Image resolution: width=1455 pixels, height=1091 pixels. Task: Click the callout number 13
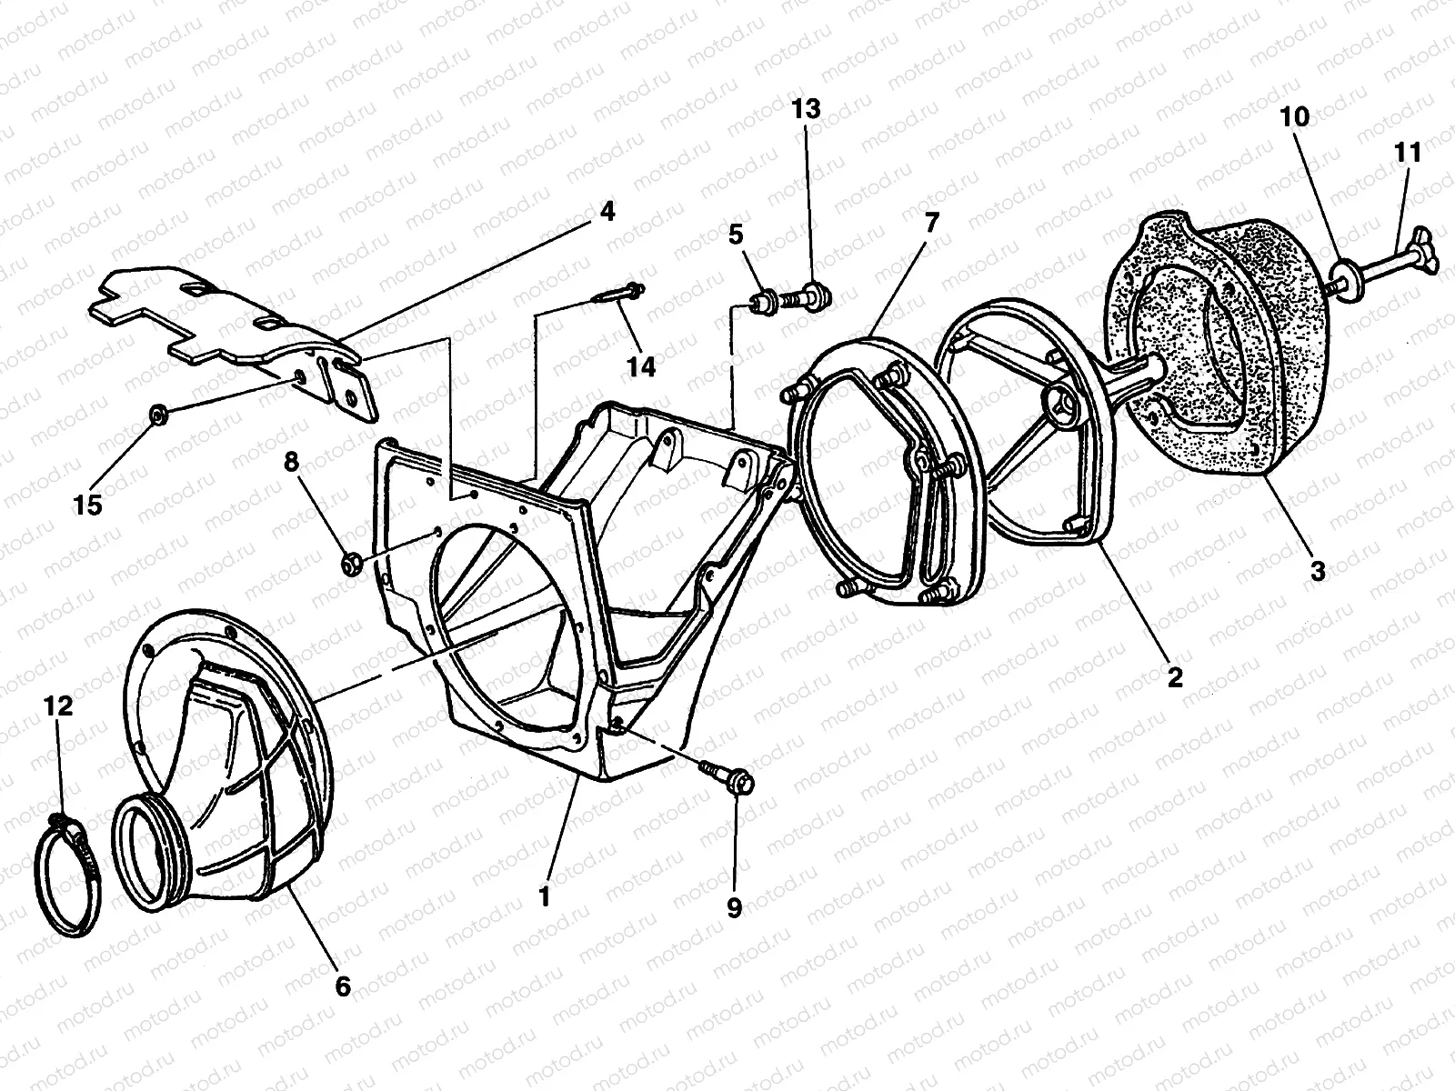click(x=806, y=108)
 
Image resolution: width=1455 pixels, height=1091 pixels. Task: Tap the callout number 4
click(x=607, y=211)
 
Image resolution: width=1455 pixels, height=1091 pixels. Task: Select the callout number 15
click(x=88, y=505)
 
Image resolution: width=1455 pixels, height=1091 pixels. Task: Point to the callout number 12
click(x=58, y=706)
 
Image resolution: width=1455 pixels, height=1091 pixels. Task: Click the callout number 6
click(x=343, y=986)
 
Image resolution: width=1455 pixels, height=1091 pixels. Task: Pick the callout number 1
click(x=545, y=897)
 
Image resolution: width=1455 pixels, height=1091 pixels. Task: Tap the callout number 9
click(x=734, y=907)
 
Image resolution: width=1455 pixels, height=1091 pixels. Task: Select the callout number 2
click(x=1175, y=677)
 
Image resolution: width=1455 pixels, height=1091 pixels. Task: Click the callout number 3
click(x=1318, y=571)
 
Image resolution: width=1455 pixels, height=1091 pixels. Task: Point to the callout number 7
click(x=932, y=224)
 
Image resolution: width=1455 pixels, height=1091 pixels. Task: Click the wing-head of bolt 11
click(x=1424, y=258)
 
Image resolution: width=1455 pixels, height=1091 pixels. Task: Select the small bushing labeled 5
click(x=763, y=303)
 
